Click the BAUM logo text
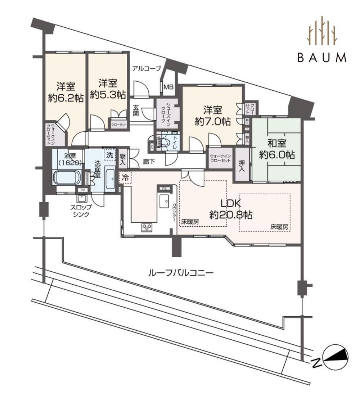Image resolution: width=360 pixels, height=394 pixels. pyautogui.click(x=322, y=58)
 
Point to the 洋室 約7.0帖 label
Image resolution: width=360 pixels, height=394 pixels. pyautogui.click(x=213, y=116)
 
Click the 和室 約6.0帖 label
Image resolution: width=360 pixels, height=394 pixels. pyautogui.click(x=277, y=149)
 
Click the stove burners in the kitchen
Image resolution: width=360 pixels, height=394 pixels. pyautogui.click(x=147, y=227)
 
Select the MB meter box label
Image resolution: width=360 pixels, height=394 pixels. pyautogui.click(x=168, y=87)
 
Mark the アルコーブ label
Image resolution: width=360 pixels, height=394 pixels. pyautogui.click(x=146, y=68)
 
